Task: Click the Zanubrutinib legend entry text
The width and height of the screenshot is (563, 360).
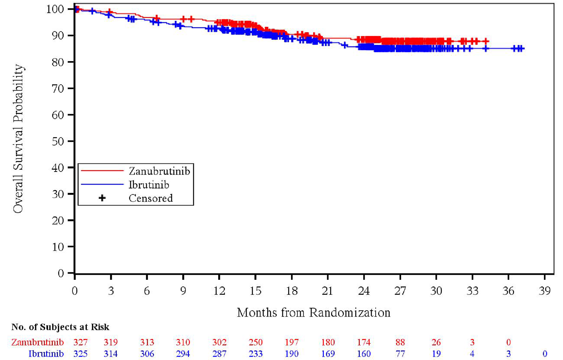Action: [x=159, y=171]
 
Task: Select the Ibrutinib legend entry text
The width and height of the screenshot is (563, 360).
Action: [x=149, y=185]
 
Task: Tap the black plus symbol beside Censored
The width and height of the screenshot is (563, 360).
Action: [x=102, y=198]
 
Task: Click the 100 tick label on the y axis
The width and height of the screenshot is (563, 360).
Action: [x=55, y=9]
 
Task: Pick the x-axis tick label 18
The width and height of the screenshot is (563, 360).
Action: [x=291, y=291]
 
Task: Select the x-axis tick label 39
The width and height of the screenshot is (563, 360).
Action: [x=545, y=291]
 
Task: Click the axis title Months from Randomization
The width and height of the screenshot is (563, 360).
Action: [x=314, y=313]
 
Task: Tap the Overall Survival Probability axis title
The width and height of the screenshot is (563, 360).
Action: [x=18, y=139]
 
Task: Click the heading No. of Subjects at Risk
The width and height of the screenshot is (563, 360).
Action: [x=60, y=327]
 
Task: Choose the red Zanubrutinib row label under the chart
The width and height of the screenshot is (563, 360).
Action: [x=38, y=342]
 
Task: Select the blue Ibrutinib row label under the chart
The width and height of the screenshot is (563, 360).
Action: [x=46, y=354]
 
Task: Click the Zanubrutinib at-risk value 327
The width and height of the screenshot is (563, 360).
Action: [x=81, y=342]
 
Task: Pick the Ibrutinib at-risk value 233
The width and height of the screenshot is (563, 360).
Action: [x=255, y=354]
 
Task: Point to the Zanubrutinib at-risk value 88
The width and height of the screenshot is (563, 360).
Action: [x=400, y=342]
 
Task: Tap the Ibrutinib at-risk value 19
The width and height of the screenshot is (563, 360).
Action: [x=436, y=354]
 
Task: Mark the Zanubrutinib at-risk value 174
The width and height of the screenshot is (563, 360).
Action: [x=364, y=342]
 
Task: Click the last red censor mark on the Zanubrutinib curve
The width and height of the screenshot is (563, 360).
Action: [x=486, y=41]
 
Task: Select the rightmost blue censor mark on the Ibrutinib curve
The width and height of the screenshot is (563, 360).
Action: [x=521, y=49]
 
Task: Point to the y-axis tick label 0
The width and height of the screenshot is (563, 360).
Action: [x=61, y=273]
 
